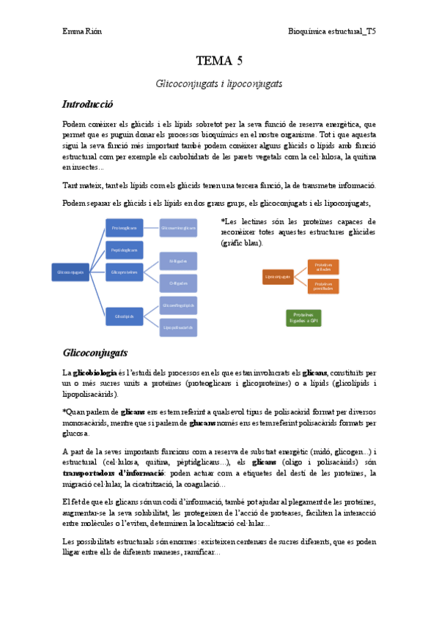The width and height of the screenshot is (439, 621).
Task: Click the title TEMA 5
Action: click(x=219, y=61)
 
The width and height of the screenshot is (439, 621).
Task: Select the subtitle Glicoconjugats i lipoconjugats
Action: click(x=219, y=84)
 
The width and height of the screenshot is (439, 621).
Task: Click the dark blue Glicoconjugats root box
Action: click(x=70, y=272)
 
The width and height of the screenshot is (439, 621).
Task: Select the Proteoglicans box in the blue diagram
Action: click(x=125, y=228)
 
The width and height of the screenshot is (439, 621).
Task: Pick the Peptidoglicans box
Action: click(x=125, y=250)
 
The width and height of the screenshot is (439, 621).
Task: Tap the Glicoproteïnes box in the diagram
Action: click(x=125, y=272)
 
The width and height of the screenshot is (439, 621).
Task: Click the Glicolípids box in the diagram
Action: click(x=125, y=316)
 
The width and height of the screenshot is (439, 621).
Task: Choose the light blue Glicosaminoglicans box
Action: click(x=178, y=228)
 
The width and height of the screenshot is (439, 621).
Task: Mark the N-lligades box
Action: click(x=178, y=261)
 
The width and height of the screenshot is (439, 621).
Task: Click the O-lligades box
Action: click(x=178, y=283)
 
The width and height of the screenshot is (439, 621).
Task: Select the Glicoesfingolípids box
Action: click(x=178, y=305)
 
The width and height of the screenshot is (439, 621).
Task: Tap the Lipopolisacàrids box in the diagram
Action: click(x=178, y=327)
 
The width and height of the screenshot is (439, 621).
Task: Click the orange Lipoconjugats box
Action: click(x=278, y=276)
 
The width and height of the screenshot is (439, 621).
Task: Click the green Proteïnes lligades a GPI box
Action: click(x=303, y=317)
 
